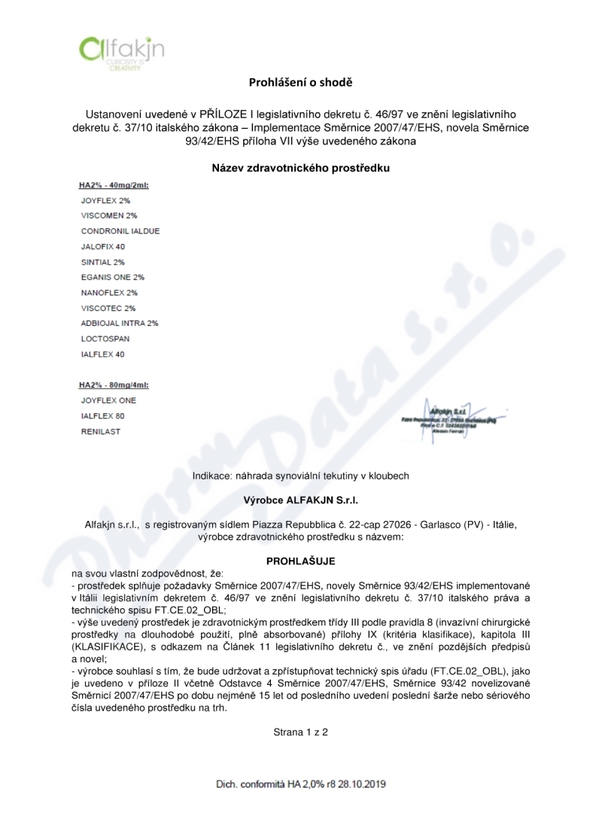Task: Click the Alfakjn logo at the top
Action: [x=121, y=52]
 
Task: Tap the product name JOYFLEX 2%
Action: [x=105, y=201]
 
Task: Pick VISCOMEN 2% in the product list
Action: [x=108, y=216]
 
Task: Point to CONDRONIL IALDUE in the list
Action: [x=120, y=231]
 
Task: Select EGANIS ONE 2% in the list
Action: [x=112, y=277]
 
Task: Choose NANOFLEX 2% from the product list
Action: [x=109, y=292]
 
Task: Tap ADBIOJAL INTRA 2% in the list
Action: [x=120, y=323]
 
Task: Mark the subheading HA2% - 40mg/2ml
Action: [x=114, y=185]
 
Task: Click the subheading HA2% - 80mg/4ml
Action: [x=114, y=385]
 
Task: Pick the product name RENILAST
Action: [x=100, y=431]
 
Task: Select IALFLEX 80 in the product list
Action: [x=103, y=416]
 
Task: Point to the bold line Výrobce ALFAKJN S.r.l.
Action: [x=300, y=500]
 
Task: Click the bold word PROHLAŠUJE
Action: [x=300, y=562]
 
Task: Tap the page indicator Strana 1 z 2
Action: [x=300, y=731]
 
